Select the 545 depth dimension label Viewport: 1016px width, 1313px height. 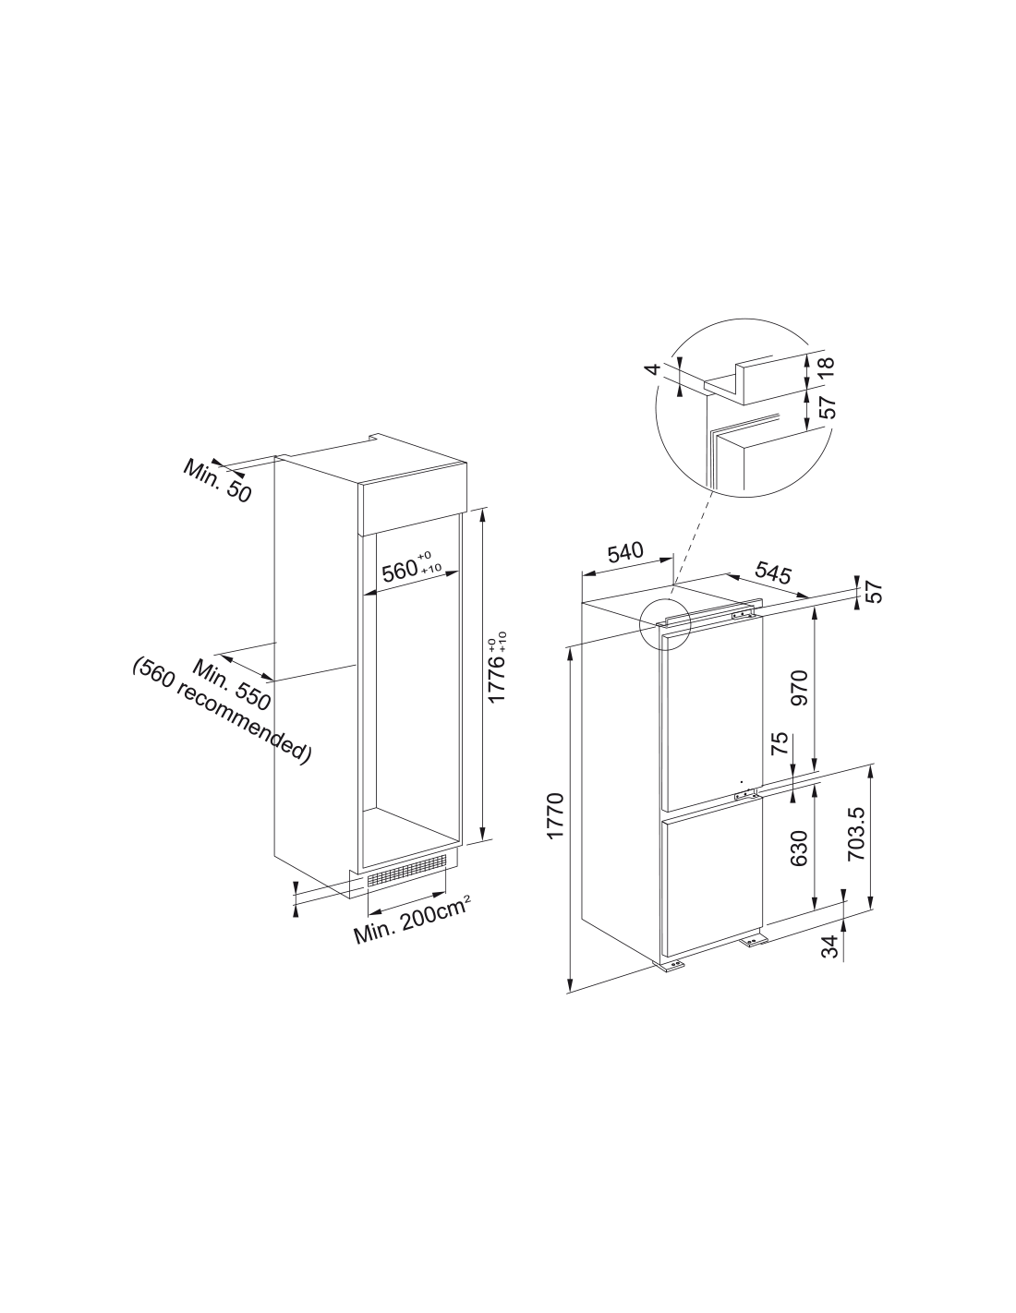tap(772, 573)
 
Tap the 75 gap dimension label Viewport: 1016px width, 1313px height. tap(780, 742)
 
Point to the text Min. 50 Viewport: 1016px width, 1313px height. tap(216, 480)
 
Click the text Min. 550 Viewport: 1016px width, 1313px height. tap(231, 684)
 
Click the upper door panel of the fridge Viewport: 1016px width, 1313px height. tap(714, 714)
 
